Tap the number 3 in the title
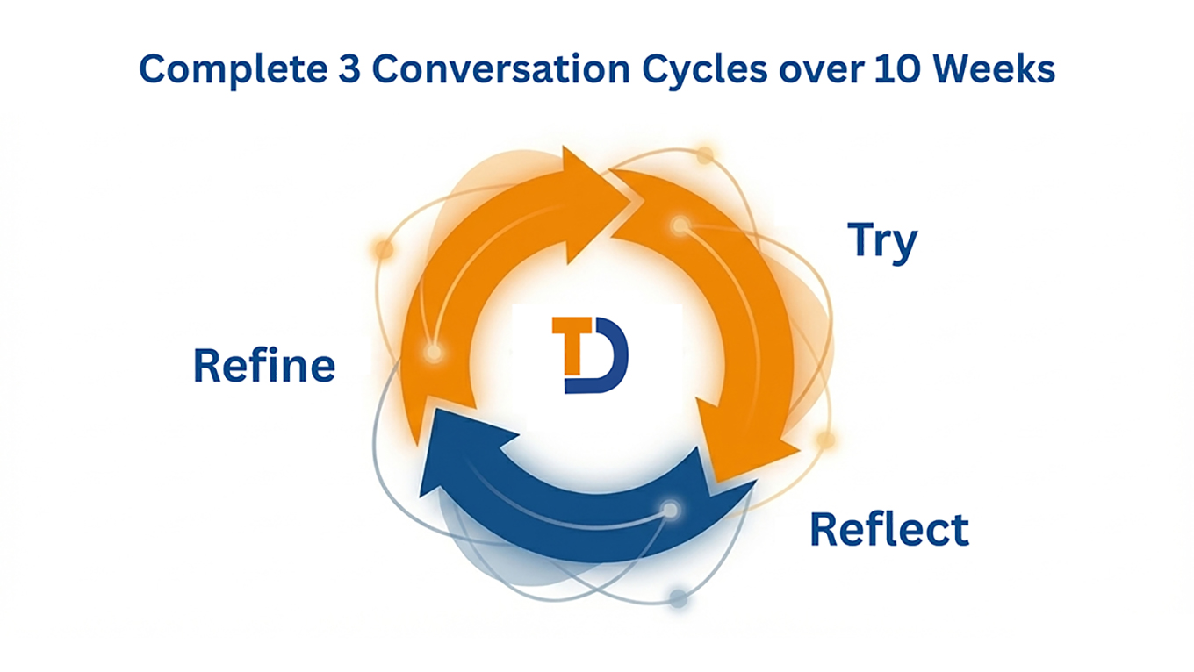349,68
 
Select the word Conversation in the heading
501,68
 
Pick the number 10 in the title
896,68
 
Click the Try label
882,243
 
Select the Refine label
264,365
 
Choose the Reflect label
889,529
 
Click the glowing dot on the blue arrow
670,510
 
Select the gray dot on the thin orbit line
678,598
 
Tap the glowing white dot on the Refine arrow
434,352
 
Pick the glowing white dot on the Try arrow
680,225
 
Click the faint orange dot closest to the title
705,155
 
